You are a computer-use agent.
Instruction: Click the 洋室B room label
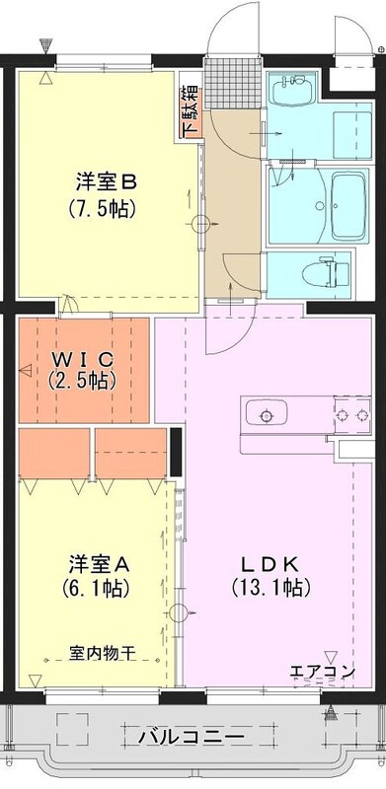(x=107, y=182)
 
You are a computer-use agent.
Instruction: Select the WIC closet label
(x=83, y=359)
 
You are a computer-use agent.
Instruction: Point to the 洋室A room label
(x=100, y=564)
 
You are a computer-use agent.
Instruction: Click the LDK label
(x=270, y=564)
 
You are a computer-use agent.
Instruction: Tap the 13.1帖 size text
(x=270, y=587)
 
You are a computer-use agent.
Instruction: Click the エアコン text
(x=323, y=672)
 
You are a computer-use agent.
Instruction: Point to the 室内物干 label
(x=102, y=653)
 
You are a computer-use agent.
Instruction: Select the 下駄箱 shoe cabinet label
(x=191, y=111)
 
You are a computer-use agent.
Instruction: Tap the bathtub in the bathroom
(x=347, y=206)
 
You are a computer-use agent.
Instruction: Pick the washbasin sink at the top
(x=292, y=90)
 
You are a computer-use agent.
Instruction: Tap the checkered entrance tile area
(x=233, y=84)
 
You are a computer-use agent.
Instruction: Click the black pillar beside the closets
(x=176, y=453)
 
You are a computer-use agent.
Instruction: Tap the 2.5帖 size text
(x=83, y=381)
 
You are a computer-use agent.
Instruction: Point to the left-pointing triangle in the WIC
(x=26, y=372)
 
